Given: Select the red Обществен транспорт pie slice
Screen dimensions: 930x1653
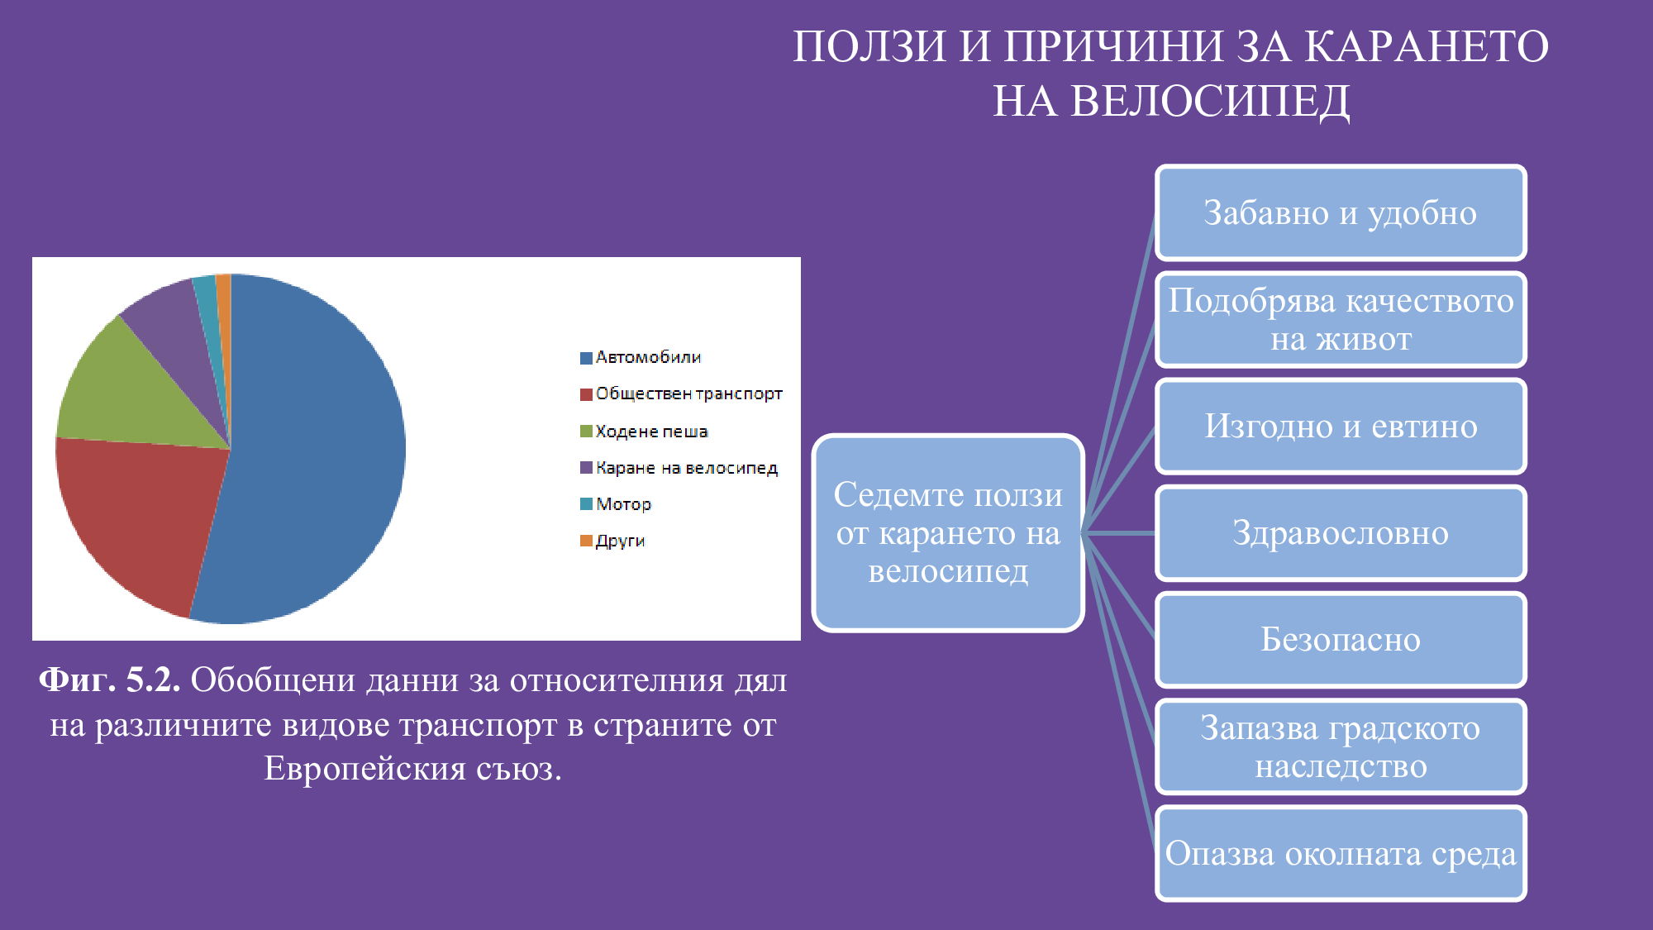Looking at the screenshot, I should pos(141,521).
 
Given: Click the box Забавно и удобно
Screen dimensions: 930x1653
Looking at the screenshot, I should pos(1340,212).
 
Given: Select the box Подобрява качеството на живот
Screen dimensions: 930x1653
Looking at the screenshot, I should pos(1340,319).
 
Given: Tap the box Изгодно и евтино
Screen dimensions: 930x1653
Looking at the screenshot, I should pos(1340,426).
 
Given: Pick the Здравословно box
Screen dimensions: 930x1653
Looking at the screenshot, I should pos(1340,533).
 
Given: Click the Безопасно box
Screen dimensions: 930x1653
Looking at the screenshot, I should pos(1340,640).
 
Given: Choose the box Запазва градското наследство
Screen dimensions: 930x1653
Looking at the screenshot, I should pos(1340,746).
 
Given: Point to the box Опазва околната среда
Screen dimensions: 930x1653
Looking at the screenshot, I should pos(1340,853).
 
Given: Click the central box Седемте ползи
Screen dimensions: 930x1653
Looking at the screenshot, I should pos(948,533).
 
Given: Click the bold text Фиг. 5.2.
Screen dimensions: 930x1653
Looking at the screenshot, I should pos(109,680).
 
